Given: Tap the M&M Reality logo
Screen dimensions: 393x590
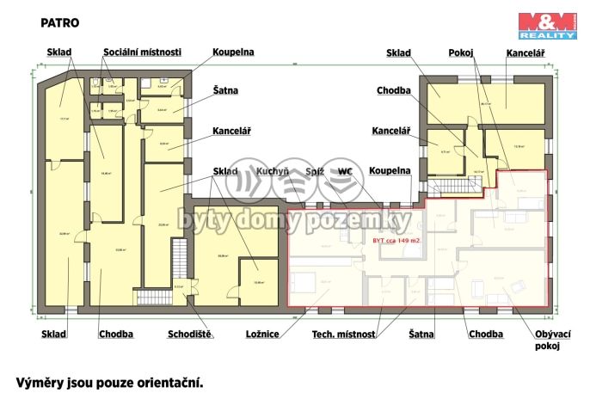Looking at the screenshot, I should click(546, 26).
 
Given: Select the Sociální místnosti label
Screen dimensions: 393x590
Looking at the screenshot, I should click(143, 52).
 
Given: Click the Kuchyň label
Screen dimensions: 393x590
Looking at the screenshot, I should click(272, 171).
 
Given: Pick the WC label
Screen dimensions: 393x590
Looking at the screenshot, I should click(346, 171).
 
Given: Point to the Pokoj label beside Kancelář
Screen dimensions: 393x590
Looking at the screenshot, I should click(461, 52).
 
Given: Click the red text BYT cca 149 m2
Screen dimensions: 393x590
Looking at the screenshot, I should click(396, 241).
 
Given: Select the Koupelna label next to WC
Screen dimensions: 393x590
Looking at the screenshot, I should click(390, 171).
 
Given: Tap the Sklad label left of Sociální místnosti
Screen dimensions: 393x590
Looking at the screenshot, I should click(58, 52).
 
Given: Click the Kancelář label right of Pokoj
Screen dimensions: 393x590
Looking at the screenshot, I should click(525, 52).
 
